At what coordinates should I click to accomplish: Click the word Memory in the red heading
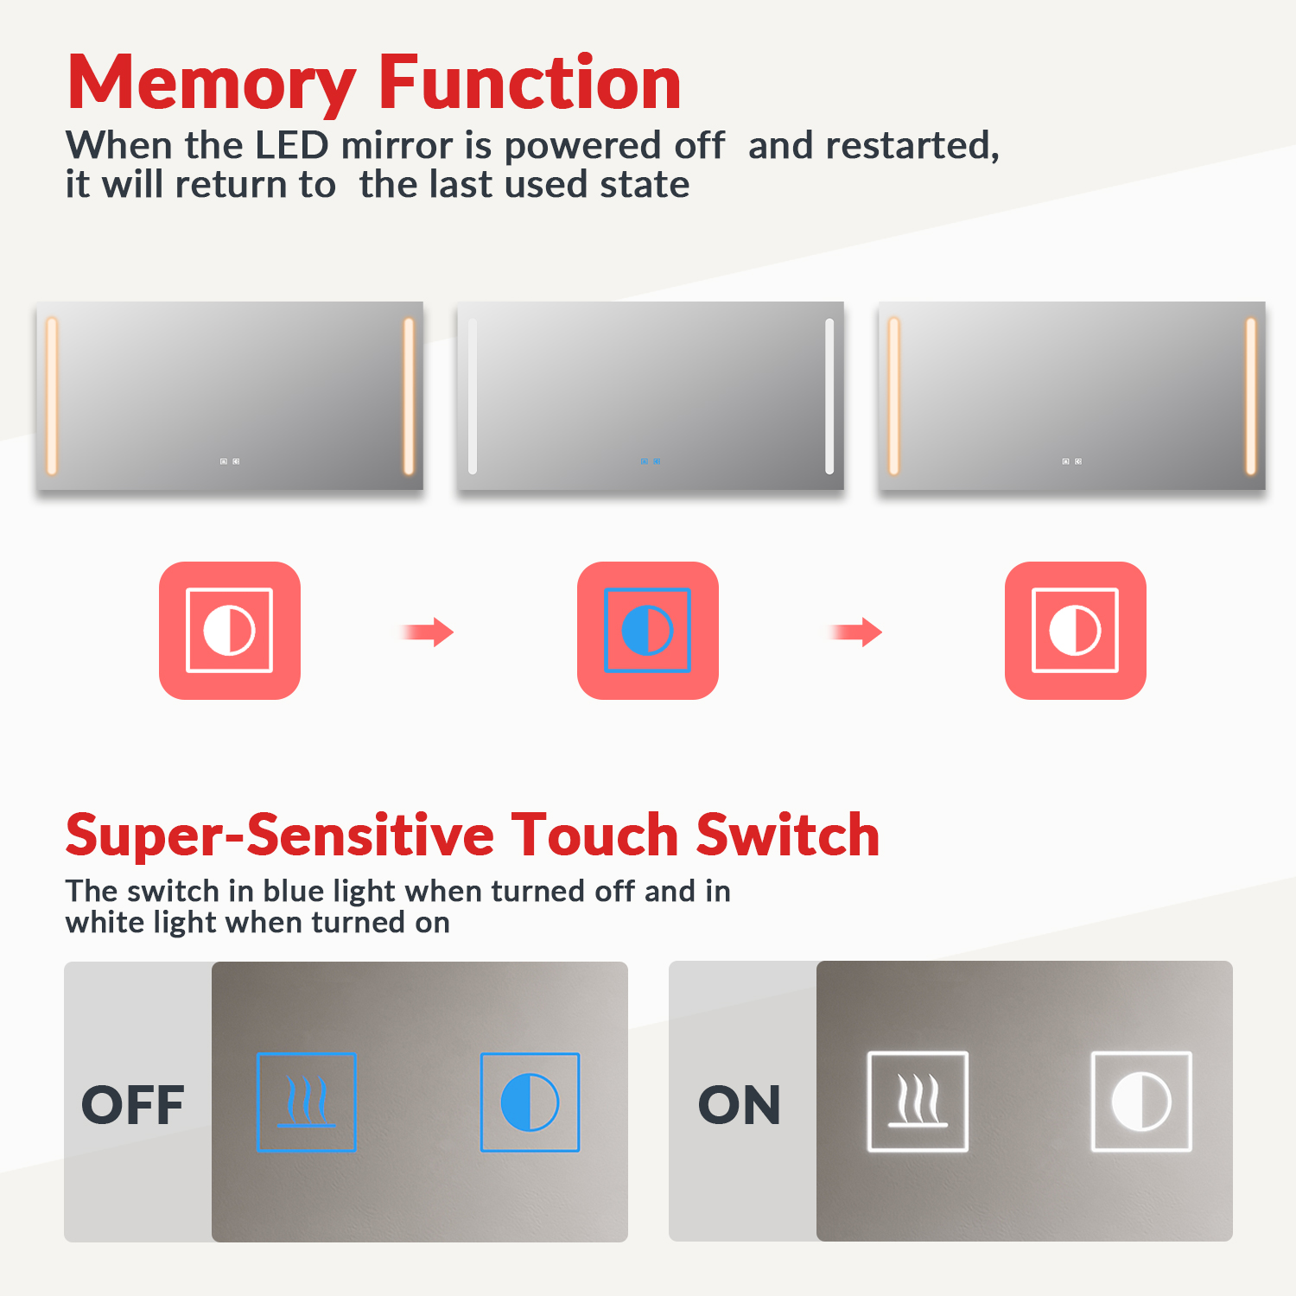coord(212,84)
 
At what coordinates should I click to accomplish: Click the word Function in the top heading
coord(530,82)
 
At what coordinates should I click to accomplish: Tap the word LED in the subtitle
coord(292,145)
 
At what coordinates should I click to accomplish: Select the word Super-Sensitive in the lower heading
coord(280,836)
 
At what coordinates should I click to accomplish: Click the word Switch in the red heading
coord(788,835)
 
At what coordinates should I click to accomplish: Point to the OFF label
coord(133,1104)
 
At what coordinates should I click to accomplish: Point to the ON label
coord(740,1104)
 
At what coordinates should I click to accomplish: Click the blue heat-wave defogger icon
coord(307,1102)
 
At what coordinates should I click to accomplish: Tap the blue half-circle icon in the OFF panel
coord(530,1102)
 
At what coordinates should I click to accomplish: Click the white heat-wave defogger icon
coord(918,1102)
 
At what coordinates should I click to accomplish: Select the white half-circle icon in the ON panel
coord(1141,1102)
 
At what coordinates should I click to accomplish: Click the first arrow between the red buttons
coord(428,632)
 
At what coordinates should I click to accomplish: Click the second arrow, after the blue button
coord(855,632)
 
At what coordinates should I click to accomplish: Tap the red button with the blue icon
coord(648,631)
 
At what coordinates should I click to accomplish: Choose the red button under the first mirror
coord(230,631)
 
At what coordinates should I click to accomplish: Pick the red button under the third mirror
coord(1076,631)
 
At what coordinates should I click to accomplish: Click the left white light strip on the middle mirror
coord(473,397)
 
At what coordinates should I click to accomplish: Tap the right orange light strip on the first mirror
coord(409,397)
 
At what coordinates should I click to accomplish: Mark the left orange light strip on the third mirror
coord(894,397)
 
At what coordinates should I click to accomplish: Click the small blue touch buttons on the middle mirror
coord(651,461)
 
